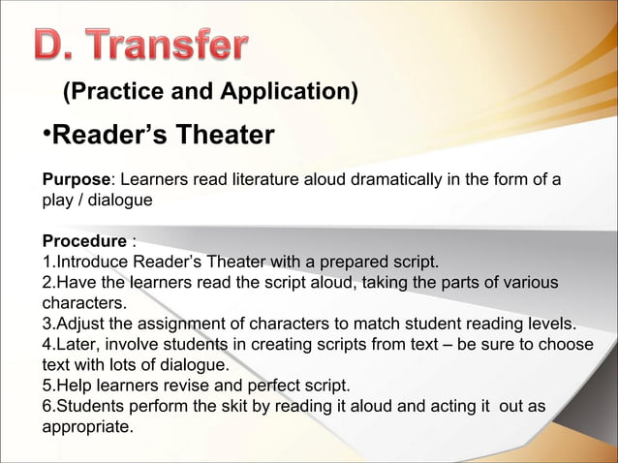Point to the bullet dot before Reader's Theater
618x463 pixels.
coord(45,135)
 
